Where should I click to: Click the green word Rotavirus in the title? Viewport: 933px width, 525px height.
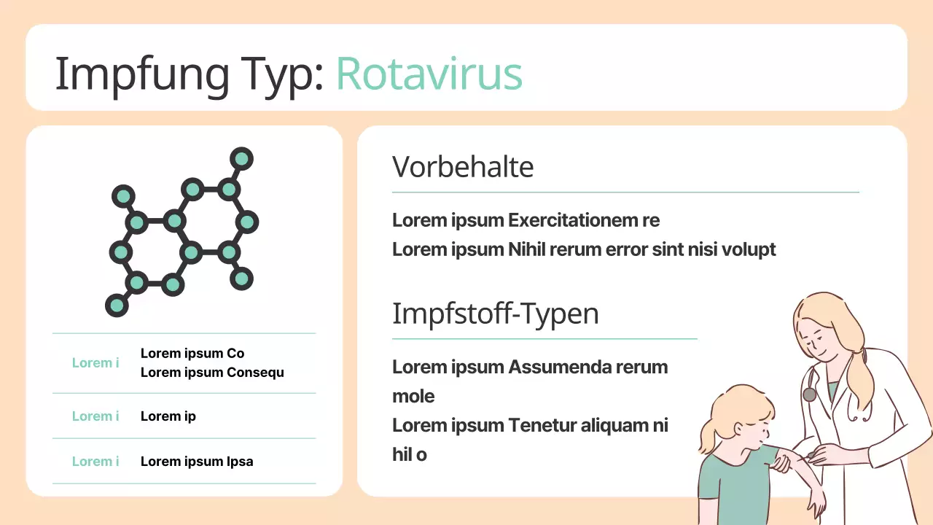point(429,74)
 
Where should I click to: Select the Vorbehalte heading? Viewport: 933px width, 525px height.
point(463,167)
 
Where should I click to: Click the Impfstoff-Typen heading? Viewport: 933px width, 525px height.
point(496,314)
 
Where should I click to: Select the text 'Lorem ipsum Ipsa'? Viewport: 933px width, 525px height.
point(197,462)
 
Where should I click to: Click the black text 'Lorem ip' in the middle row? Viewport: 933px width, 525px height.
point(168,416)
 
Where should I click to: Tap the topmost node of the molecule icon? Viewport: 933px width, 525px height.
point(241,159)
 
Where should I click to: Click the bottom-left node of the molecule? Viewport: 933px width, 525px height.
point(117,306)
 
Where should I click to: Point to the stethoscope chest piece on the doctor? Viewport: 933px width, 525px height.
point(809,394)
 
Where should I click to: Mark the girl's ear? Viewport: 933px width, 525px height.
point(738,429)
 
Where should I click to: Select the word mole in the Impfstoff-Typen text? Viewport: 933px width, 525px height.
point(413,396)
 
